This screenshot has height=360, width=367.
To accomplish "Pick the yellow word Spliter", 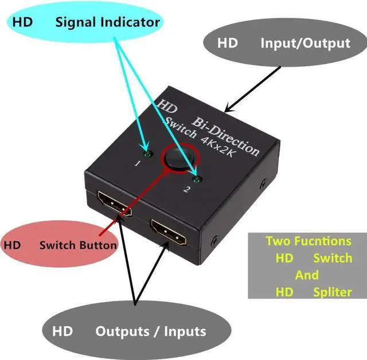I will point(333,292).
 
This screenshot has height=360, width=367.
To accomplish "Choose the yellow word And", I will point(307,275).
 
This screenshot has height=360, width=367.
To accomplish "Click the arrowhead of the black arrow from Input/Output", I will point(227,109).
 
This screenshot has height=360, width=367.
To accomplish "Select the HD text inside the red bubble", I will point(13,245).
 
